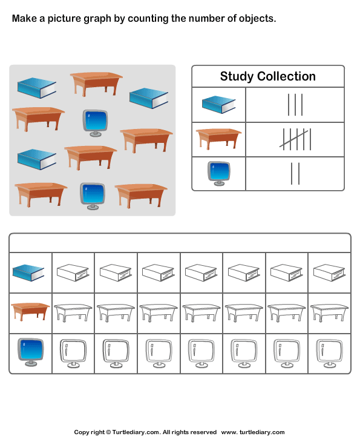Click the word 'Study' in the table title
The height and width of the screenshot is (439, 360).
[237, 77]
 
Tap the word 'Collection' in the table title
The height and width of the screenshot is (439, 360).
[286, 76]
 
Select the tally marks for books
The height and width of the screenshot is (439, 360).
[295, 105]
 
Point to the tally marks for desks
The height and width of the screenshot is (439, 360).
[295, 139]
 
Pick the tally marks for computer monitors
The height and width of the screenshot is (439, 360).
[295, 174]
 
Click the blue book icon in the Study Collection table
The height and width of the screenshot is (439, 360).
[219, 105]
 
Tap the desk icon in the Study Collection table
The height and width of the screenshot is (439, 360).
[218, 139]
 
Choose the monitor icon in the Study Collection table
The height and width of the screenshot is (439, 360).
[219, 173]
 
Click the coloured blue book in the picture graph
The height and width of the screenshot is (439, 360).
[28, 273]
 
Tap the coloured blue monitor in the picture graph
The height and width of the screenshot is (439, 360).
[31, 352]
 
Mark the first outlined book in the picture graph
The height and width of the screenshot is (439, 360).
[73, 272]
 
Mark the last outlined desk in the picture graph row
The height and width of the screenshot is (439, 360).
[330, 313]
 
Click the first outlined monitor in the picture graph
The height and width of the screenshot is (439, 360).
[73, 354]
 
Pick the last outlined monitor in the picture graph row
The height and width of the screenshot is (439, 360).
[330, 354]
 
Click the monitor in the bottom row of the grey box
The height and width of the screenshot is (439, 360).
[93, 196]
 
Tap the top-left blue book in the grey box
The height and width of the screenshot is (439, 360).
[37, 88]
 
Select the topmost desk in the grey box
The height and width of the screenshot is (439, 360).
[96, 84]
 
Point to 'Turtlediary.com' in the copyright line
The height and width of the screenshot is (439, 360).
[136, 432]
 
